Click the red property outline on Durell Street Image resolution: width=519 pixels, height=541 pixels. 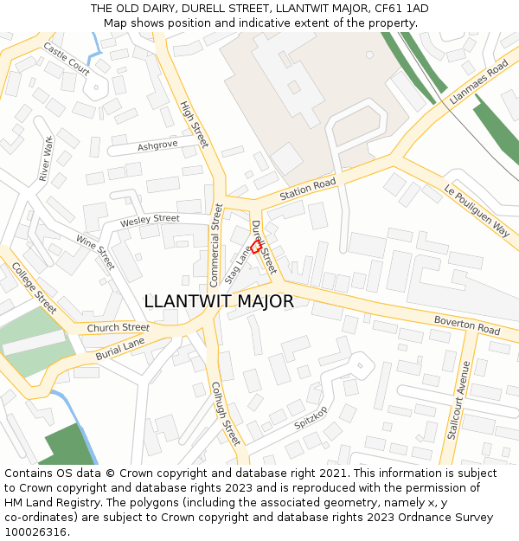point(256,247)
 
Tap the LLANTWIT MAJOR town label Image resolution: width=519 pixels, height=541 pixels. point(219,301)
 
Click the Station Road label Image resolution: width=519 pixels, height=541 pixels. point(307,190)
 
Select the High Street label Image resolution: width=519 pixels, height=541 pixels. point(195,125)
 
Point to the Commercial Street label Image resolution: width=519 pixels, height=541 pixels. point(216,245)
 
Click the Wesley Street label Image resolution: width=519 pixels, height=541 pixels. point(150,220)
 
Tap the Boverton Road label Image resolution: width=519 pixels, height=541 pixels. point(466,326)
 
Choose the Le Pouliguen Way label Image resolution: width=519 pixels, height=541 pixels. point(477,210)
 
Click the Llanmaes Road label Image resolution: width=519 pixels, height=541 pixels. point(478,83)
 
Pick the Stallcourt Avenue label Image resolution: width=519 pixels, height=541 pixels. point(458,400)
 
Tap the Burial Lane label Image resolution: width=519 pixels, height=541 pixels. point(120,348)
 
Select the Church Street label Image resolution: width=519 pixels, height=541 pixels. point(118,328)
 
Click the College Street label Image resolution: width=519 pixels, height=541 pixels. point(35,288)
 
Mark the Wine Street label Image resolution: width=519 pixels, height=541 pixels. point(95,252)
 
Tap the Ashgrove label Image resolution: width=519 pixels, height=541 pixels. point(157,145)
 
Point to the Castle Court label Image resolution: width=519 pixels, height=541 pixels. point(66,60)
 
